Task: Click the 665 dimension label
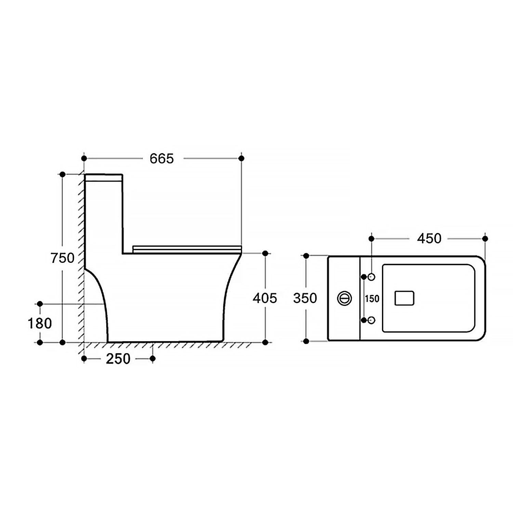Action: point(162,158)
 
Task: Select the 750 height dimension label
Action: point(63,258)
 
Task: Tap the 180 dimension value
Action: point(40,323)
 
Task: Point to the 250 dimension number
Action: point(118,359)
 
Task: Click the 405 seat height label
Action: point(265,298)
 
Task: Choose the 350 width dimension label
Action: point(305,298)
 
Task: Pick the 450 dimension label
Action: point(429,238)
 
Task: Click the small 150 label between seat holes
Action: point(372,299)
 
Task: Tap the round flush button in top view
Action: point(344,298)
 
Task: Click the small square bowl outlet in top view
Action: point(405,298)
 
